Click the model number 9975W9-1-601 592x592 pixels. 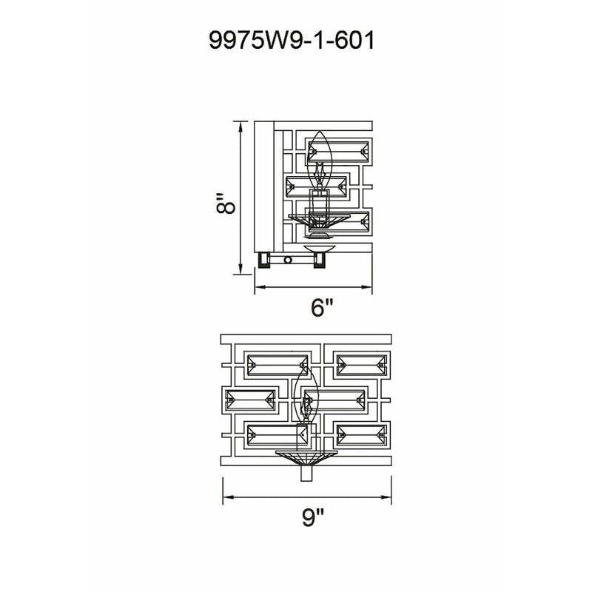point(292,41)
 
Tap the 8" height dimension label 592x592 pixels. point(226,204)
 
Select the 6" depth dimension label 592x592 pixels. point(322,307)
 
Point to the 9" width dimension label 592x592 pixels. point(313,517)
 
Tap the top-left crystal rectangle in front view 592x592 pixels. point(277,365)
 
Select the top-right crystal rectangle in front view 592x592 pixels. point(362,365)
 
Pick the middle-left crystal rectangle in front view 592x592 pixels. point(250,400)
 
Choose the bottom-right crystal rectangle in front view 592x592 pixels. point(362,435)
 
